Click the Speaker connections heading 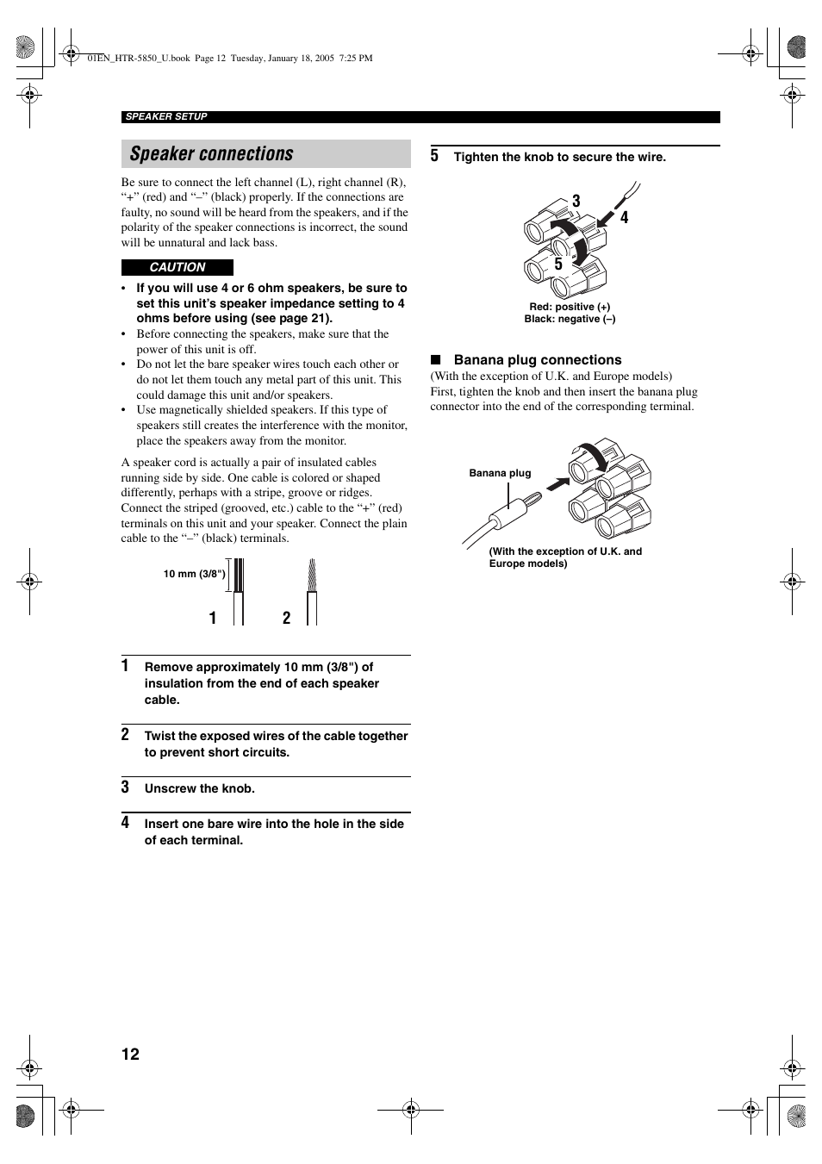click(x=212, y=154)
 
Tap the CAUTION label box click(x=177, y=267)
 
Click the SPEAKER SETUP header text click(x=166, y=117)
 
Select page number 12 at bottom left click(x=130, y=1055)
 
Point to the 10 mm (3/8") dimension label click(x=194, y=574)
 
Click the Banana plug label click(x=500, y=473)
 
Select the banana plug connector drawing click(x=513, y=508)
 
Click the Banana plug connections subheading click(x=538, y=360)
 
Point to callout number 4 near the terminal click(x=625, y=218)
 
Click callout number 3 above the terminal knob click(x=576, y=201)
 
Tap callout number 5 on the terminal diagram click(x=558, y=265)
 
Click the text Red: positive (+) click(x=570, y=307)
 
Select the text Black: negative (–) click(x=570, y=319)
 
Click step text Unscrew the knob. click(x=200, y=788)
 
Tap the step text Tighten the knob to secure click(x=560, y=157)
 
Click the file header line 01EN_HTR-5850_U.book click(x=230, y=59)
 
